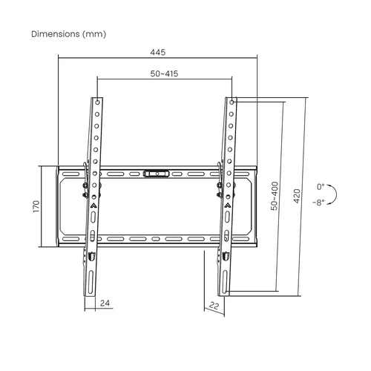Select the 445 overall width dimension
pos(157,52)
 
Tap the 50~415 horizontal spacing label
pos(165,74)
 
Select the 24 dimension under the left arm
pos(105,304)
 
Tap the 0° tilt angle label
pos(321,187)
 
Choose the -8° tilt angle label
pos(318,202)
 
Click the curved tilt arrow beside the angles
pos(333,194)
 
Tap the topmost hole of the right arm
pos(232,102)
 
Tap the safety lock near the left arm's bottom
pos(91,256)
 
